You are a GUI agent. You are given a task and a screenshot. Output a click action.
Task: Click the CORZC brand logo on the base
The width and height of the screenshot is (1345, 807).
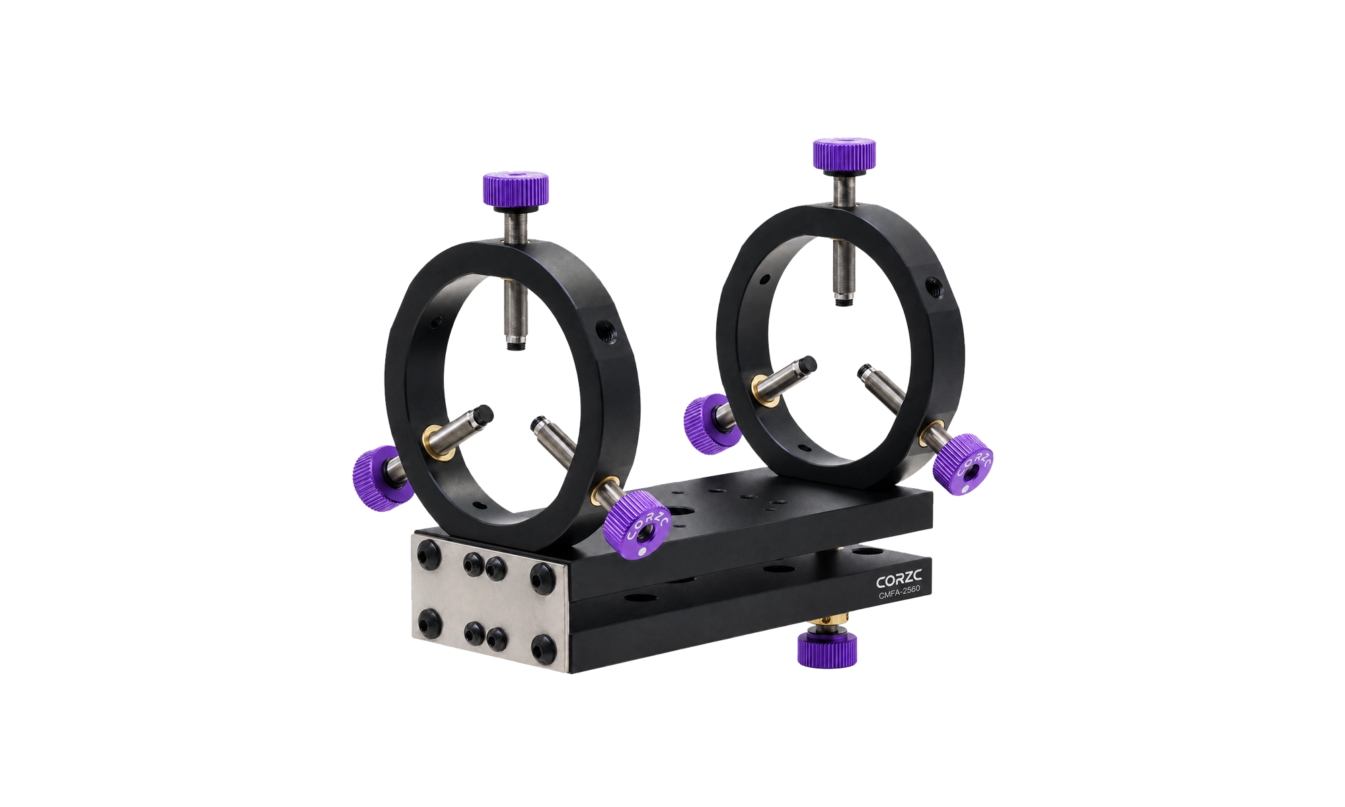tap(898, 580)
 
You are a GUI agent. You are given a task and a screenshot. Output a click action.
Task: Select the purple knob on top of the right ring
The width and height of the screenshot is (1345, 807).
tap(844, 153)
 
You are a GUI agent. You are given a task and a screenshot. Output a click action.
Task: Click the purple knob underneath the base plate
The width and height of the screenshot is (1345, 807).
tap(827, 648)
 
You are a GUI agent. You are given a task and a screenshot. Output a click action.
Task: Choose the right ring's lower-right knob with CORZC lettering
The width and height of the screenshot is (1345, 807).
tap(964, 465)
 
